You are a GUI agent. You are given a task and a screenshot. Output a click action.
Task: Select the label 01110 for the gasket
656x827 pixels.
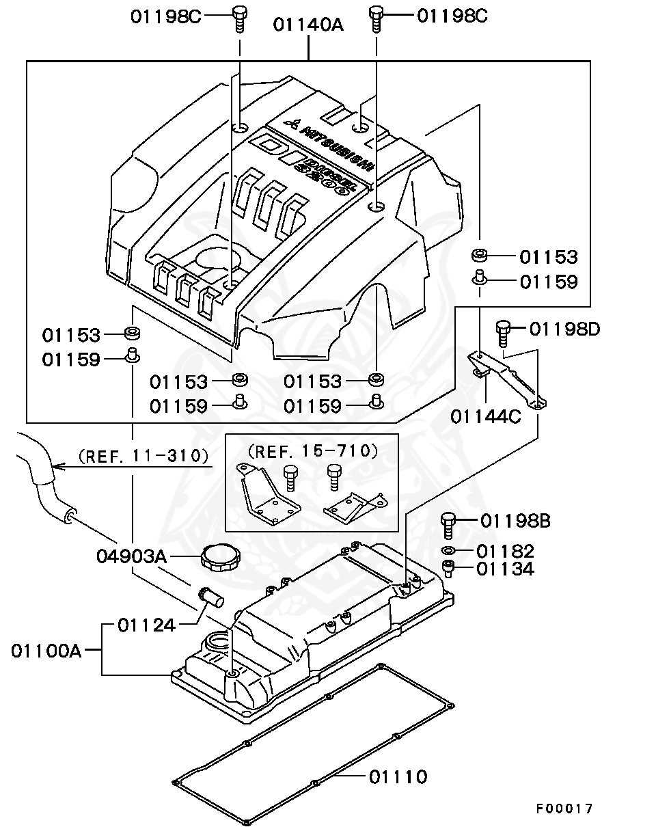coord(398,777)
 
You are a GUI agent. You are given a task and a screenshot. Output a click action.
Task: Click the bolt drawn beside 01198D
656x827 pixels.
coord(503,334)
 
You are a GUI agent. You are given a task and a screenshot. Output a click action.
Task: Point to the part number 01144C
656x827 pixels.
coord(485,416)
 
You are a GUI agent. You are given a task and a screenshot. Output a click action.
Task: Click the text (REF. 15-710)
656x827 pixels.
coord(312,450)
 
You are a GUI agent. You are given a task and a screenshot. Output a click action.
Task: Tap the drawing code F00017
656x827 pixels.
coord(564,809)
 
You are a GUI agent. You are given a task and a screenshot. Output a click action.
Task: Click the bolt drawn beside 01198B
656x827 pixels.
coord(448,525)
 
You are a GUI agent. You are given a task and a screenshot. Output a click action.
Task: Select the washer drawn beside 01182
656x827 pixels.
coord(448,551)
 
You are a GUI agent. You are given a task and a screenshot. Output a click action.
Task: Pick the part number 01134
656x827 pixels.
coord(505,569)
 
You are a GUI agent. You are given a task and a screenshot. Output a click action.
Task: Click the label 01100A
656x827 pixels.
coord(46,650)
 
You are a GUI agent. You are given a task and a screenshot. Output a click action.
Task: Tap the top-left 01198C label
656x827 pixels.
coord(166,16)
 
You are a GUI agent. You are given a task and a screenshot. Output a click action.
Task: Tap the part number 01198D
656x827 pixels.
coord(564,329)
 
